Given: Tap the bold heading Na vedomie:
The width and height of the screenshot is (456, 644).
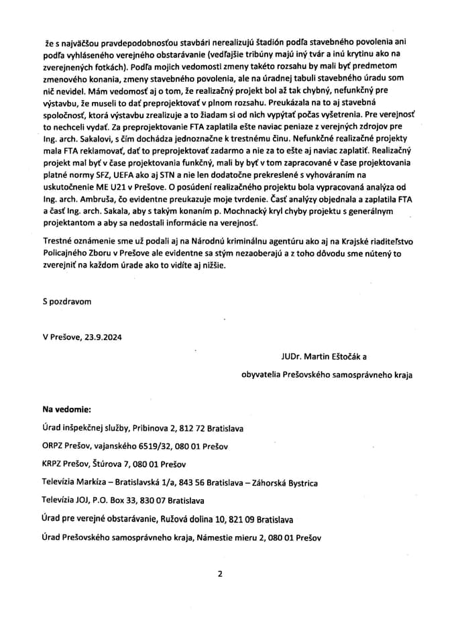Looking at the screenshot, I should [67, 409].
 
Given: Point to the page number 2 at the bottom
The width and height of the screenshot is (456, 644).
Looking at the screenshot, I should [219, 574].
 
